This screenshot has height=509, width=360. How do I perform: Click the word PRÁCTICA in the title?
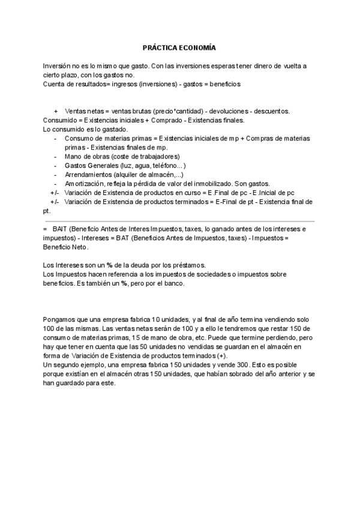(159, 46)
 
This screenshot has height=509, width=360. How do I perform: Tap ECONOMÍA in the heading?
(196, 46)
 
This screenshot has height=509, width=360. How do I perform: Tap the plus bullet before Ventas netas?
(56, 112)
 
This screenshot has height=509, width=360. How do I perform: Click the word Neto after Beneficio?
(77, 247)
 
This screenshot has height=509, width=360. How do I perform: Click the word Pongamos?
(59, 319)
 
